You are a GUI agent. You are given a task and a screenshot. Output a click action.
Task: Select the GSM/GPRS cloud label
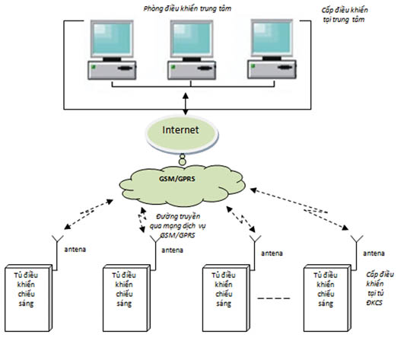point(177,179)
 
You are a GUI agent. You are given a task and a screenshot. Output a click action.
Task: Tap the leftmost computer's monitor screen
point(112,38)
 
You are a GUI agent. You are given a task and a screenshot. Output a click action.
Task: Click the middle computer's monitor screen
point(192,38)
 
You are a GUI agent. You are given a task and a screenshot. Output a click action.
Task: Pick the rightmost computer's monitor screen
point(272,37)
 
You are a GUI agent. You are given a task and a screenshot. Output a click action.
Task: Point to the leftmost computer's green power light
point(93,67)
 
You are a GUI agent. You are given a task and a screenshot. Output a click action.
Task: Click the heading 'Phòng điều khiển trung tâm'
point(187,9)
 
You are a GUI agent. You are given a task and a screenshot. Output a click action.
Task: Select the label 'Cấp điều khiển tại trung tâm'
point(344,14)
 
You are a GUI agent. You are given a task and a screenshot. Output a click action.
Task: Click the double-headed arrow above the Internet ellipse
point(186,104)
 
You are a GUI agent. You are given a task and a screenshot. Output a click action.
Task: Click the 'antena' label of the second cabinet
point(173,250)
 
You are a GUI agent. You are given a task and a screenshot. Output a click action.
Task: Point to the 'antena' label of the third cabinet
point(272,253)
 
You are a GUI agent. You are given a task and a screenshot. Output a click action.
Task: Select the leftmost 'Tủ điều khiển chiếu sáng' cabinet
point(29,298)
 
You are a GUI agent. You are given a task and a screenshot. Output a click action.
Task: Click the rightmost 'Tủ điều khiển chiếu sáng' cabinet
point(327,298)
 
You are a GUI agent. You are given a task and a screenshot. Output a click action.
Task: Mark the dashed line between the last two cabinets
point(274,298)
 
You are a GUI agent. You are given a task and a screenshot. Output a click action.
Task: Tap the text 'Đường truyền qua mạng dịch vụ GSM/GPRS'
point(178,226)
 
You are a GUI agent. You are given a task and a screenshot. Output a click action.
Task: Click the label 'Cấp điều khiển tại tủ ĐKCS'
point(380,288)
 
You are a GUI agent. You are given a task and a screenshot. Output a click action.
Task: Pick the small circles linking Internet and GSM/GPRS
point(183,159)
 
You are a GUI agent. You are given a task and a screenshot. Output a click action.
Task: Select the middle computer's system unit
point(192,70)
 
